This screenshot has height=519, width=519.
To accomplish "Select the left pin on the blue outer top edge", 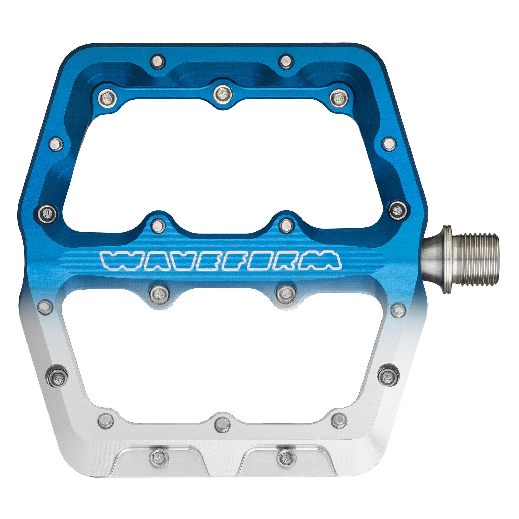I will (158, 62).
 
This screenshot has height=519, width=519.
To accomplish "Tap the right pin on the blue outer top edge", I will (286, 62).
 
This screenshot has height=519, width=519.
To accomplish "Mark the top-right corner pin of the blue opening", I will (339, 98).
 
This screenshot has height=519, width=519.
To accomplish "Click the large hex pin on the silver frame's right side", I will (388, 376).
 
